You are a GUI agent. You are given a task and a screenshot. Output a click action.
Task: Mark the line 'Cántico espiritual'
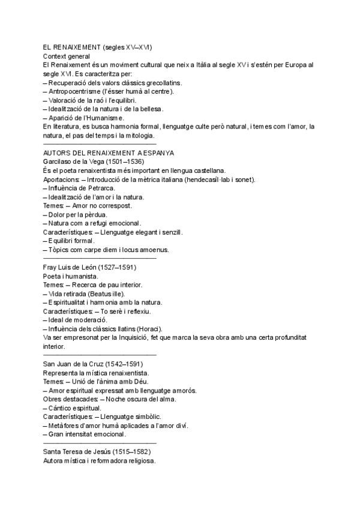point(78,408)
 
